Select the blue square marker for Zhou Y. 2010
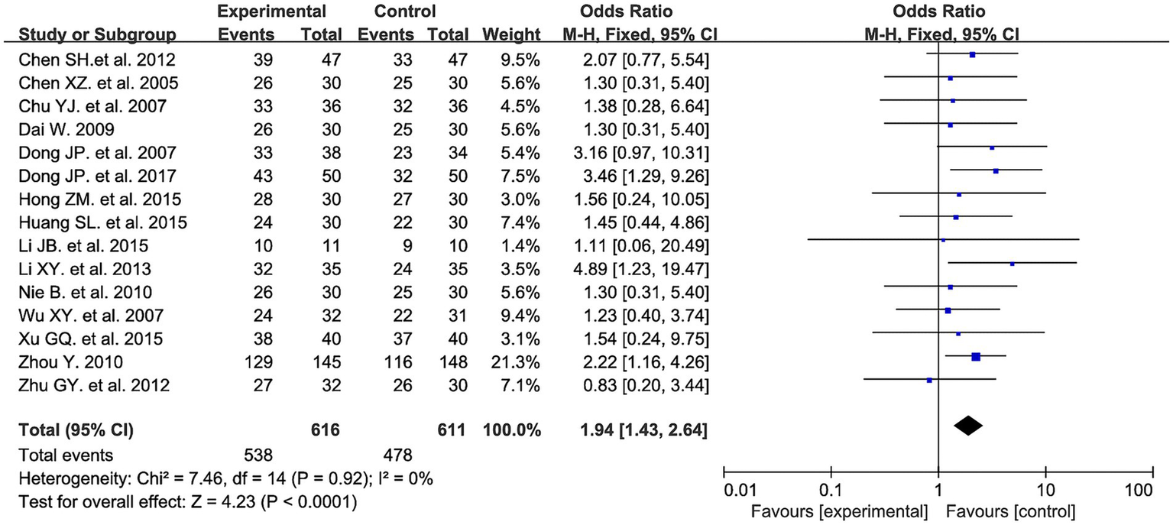click(975, 356)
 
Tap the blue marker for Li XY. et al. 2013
click(1012, 264)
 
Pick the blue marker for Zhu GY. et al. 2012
click(929, 379)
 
